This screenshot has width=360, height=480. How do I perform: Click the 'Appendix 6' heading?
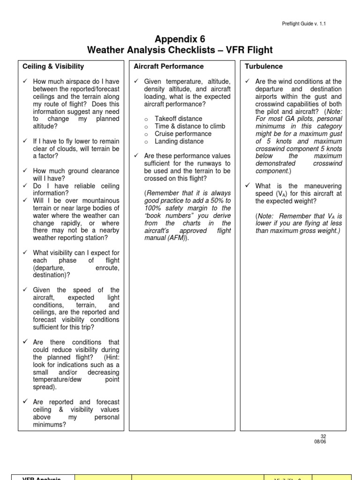(180, 39)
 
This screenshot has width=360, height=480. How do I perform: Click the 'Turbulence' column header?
(264, 67)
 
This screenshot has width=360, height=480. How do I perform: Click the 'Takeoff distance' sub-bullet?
(179, 119)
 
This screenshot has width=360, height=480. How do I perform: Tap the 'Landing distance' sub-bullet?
(179, 142)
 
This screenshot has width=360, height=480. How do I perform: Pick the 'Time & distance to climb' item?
(190, 127)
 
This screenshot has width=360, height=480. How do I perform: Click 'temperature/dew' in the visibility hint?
(55, 380)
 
